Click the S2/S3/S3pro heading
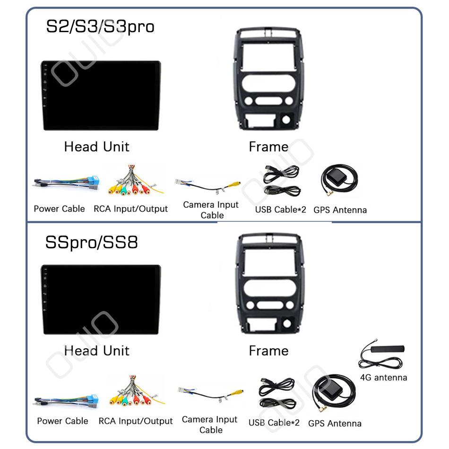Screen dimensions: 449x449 (100, 26)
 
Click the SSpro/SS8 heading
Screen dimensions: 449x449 (92, 242)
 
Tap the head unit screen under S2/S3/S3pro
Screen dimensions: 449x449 (101, 95)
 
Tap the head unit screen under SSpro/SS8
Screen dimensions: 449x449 (101, 300)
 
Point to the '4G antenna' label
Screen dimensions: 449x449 (383, 377)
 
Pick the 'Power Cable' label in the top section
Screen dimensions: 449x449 (59, 208)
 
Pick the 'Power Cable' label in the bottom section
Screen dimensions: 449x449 (62, 421)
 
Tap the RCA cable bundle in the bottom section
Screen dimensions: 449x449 (133, 392)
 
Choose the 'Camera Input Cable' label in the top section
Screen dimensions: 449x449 (211, 210)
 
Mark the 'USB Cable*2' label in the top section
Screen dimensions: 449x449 (281, 209)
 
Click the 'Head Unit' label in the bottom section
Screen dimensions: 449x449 (96, 351)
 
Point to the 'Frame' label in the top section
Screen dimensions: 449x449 (268, 147)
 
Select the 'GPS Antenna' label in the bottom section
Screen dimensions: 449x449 (335, 423)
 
